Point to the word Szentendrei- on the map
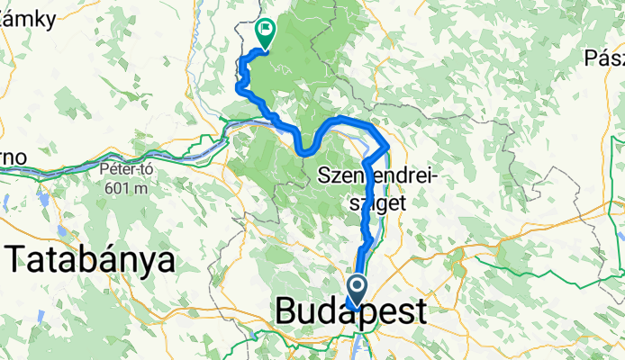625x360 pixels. pyautogui.click(x=376, y=177)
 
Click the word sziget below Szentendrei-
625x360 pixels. pyautogui.click(x=377, y=203)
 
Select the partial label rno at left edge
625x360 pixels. pyautogui.click(x=12, y=157)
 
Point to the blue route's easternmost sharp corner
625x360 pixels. pyautogui.click(x=388, y=144)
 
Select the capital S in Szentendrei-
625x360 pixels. pyautogui.click(x=325, y=177)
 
